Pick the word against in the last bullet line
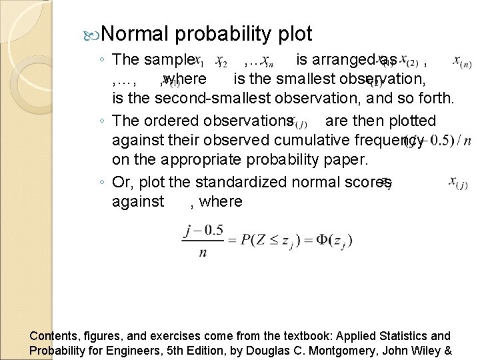tap(137, 202)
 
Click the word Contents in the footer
tap(53, 336)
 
